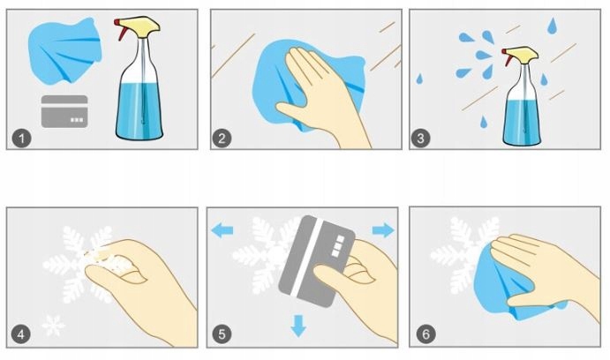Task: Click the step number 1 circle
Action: click(21, 138)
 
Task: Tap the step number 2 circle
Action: click(222, 138)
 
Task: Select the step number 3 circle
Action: click(420, 138)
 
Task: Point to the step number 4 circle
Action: click(20, 334)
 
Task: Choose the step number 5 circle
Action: click(222, 334)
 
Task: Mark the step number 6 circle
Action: click(425, 334)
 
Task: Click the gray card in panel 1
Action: click(64, 111)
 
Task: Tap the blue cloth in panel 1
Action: click(64, 50)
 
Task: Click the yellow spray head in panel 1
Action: click(141, 26)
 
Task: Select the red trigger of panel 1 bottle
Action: click(121, 29)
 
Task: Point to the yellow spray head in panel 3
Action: click(523, 54)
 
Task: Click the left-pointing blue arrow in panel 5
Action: click(222, 230)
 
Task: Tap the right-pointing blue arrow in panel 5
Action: click(383, 230)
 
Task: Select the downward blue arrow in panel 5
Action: click(298, 326)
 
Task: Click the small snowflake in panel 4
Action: click(54, 324)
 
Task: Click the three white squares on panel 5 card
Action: click(337, 246)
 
